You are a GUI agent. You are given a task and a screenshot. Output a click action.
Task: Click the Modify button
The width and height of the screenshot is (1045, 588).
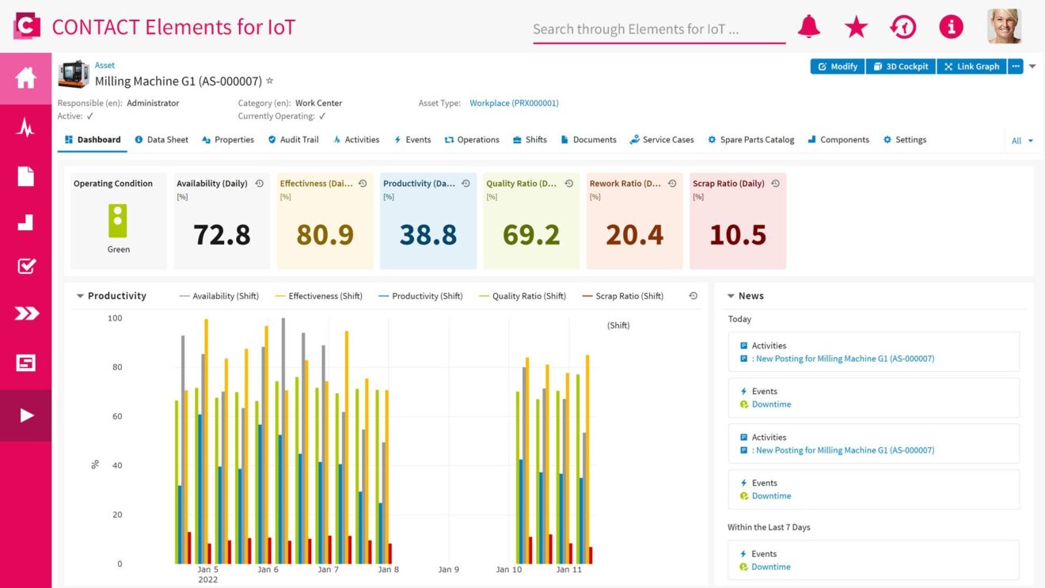[x=838, y=66]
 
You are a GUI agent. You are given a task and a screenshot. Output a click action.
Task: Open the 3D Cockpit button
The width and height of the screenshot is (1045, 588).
[x=901, y=66]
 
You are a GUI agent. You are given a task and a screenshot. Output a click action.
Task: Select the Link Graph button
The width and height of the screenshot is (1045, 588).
[x=971, y=66]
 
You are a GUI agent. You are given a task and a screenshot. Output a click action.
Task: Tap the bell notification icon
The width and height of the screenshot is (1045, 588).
[x=808, y=27]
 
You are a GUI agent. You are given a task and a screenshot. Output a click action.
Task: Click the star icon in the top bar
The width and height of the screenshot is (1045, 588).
[x=856, y=27]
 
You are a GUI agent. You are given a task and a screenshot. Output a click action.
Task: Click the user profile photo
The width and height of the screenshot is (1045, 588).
[x=1004, y=26]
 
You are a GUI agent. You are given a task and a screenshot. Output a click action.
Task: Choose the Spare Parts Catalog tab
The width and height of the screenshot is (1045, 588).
[x=750, y=140]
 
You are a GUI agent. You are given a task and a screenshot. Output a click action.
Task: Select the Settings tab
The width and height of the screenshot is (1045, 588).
[x=904, y=140]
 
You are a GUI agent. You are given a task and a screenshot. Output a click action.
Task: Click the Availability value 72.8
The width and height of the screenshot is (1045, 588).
[x=222, y=234]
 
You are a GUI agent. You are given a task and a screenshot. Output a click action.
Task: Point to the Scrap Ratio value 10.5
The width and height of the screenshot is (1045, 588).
[x=737, y=234]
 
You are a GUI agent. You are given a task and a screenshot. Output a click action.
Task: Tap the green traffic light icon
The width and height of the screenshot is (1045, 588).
[x=118, y=221]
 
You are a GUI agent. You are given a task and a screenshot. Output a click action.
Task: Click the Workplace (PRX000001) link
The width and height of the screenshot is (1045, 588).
[x=514, y=103]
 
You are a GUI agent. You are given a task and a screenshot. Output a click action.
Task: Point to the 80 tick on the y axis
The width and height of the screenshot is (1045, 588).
[x=116, y=367]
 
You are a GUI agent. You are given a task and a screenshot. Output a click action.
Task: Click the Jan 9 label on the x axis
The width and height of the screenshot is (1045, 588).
[x=448, y=570]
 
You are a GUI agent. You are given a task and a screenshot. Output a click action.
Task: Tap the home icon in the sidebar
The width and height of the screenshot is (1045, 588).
[x=25, y=78]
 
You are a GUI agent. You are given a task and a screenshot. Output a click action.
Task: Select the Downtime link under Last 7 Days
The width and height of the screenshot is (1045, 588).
[x=770, y=567]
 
